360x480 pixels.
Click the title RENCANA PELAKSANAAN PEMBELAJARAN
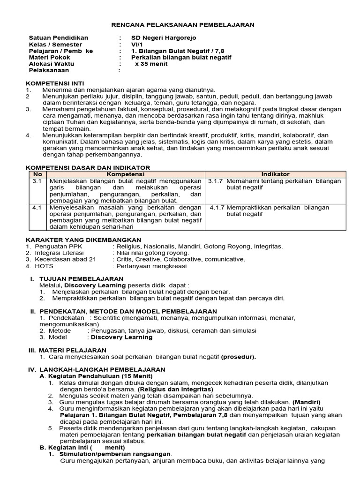[183, 25]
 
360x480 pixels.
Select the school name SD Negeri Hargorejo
[164, 38]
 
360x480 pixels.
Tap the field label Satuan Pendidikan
[58, 38]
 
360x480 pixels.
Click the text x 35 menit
[151, 64]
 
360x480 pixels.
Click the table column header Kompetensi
[126, 174]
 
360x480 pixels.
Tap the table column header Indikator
[275, 174]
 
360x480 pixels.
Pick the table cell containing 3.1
[37, 181]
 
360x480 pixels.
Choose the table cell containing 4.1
[37, 207]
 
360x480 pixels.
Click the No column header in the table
[37, 174]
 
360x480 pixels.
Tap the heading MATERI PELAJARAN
[73, 350]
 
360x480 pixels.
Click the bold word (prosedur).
[239, 357]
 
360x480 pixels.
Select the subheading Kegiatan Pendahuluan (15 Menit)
[100, 376]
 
